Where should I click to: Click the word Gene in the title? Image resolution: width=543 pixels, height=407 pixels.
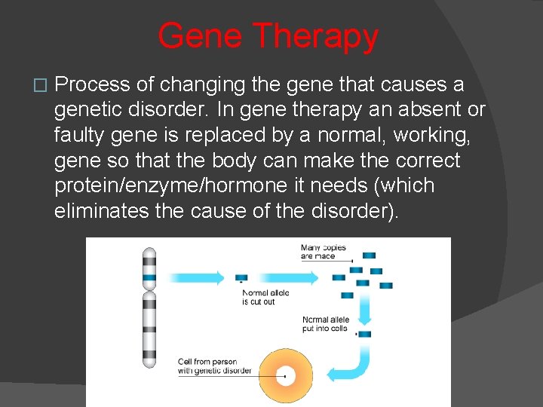pyautogui.click(x=200, y=36)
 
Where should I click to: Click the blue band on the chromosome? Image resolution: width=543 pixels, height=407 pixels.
pyautogui.click(x=149, y=277)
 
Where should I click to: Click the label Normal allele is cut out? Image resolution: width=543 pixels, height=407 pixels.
pyautogui.click(x=265, y=297)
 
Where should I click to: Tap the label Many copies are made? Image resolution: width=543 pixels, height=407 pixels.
pyautogui.click(x=323, y=252)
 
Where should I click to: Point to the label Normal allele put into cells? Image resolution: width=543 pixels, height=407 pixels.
pyautogui.click(x=326, y=323)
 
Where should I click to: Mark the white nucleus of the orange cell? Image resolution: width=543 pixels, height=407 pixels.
pyautogui.click(x=287, y=374)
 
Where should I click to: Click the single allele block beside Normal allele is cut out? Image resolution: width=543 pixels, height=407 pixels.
pyautogui.click(x=241, y=278)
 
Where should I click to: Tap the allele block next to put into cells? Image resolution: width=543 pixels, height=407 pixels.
pyautogui.click(x=364, y=334)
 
